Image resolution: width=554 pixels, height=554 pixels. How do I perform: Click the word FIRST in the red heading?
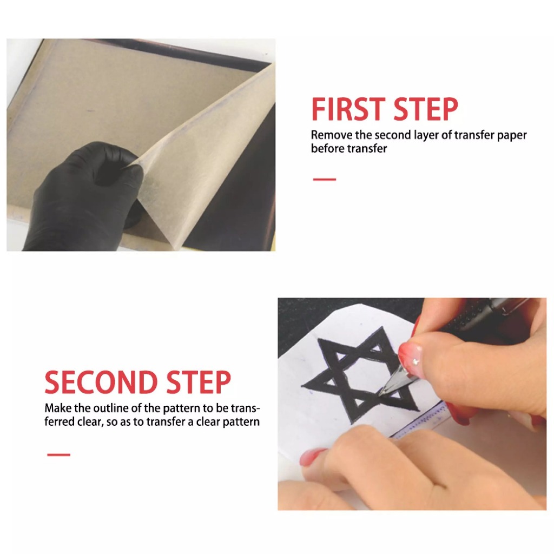click(x=348, y=109)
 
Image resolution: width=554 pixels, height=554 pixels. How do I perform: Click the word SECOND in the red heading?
click(x=101, y=382)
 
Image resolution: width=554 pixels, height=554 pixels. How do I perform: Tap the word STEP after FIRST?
click(x=426, y=109)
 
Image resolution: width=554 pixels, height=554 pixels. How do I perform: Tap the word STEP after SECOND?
click(x=199, y=382)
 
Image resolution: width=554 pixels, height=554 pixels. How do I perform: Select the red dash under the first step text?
click(x=325, y=180)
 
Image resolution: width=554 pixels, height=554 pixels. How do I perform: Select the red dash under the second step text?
click(x=58, y=454)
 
